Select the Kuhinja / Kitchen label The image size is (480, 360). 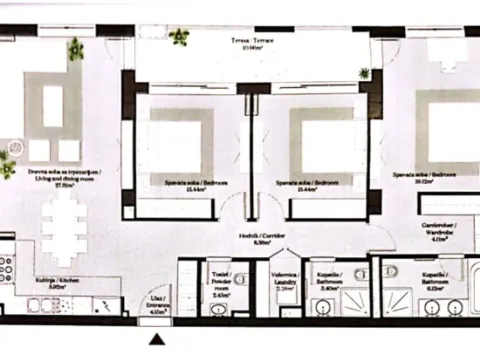(51, 283)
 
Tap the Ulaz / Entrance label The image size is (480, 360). (156, 305)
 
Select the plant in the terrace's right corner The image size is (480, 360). (365, 73)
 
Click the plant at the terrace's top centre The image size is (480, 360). (181, 38)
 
